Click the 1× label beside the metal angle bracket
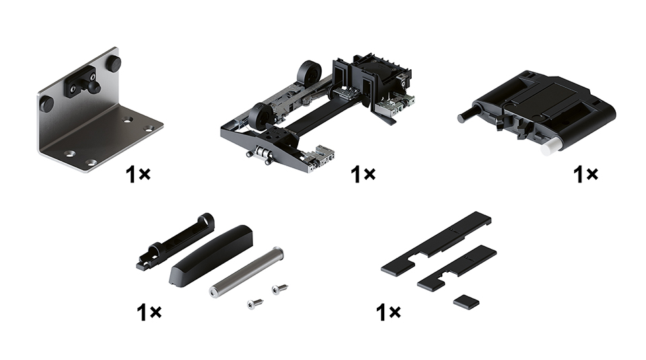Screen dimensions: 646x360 coord(139,174)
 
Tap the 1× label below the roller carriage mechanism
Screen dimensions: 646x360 coord(363,174)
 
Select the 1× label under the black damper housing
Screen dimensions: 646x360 coord(585,174)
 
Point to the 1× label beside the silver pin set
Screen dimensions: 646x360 coord(149,312)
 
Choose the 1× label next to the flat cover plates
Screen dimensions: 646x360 coord(388,312)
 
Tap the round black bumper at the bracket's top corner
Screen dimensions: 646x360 coord(114,64)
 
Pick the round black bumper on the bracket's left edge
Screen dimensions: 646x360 coord(46,104)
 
